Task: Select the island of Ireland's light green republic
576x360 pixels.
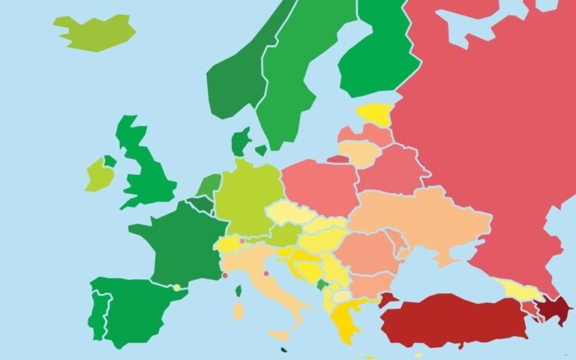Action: (98, 176)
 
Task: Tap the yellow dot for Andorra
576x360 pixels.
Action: (177, 288)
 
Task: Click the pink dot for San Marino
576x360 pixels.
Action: (266, 273)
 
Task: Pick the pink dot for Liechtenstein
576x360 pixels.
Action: (242, 241)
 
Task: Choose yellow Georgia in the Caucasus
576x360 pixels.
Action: (520, 289)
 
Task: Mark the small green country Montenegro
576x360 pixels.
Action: (321, 285)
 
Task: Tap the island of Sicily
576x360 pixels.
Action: (280, 335)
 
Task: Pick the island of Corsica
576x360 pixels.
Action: (238, 292)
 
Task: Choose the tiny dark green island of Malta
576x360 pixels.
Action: (285, 352)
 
